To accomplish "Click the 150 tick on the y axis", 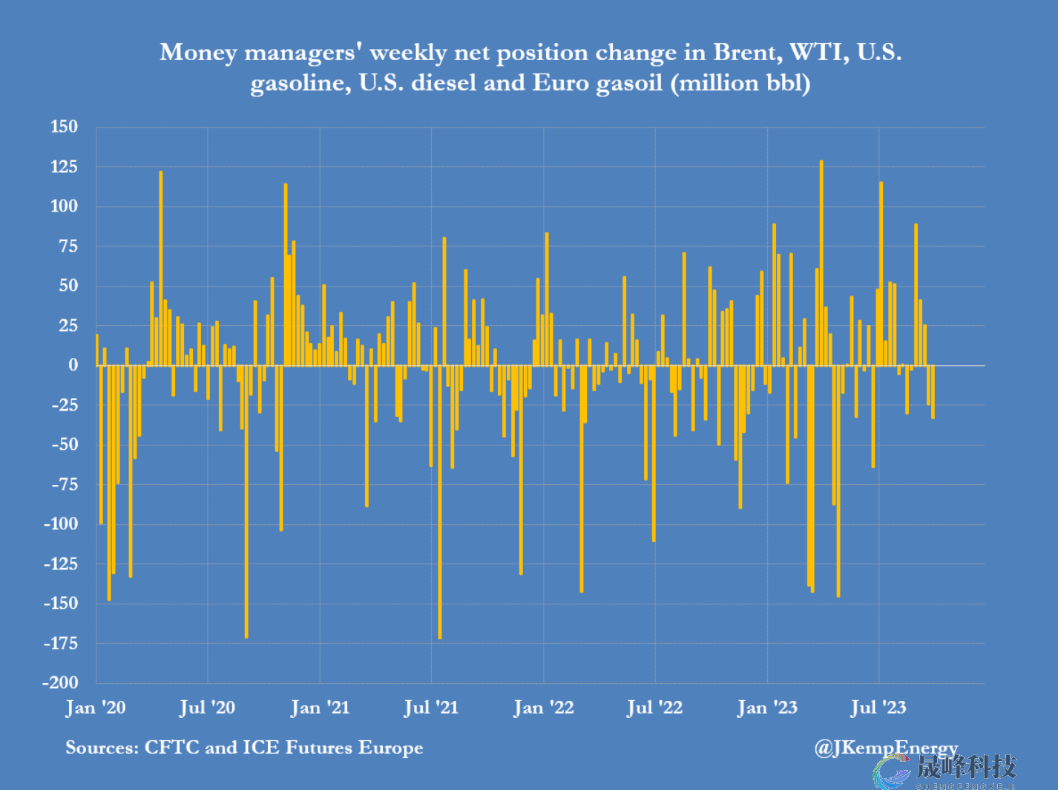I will click(x=64, y=127).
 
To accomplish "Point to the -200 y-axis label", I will click(x=60, y=682).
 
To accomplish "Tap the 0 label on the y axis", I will click(x=73, y=365).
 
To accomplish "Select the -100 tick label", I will click(x=60, y=523).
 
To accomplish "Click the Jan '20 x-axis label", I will click(x=96, y=708).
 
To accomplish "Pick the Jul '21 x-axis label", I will click(x=431, y=708).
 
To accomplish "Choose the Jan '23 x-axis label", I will click(x=767, y=708).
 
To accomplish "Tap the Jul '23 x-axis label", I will click(x=878, y=708).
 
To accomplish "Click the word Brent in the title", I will click(x=746, y=53).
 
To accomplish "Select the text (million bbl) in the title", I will click(x=740, y=82).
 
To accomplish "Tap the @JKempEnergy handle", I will click(x=886, y=748).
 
